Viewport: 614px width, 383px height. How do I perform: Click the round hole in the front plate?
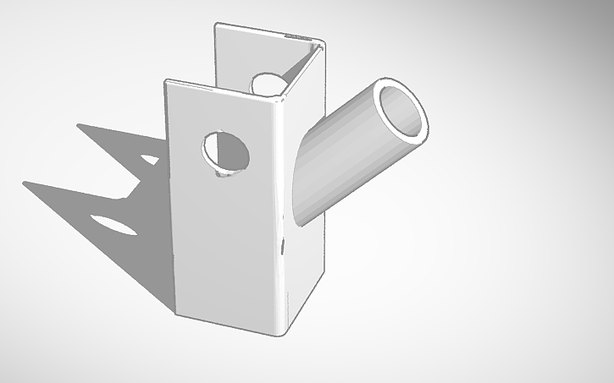click(227, 153)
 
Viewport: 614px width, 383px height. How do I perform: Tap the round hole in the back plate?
click(268, 83)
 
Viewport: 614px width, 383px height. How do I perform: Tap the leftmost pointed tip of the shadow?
click(25, 182)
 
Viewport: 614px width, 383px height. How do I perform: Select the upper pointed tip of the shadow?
click(78, 125)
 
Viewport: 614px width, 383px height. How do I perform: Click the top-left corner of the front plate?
click(166, 81)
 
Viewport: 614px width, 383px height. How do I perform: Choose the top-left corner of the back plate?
click(215, 25)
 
